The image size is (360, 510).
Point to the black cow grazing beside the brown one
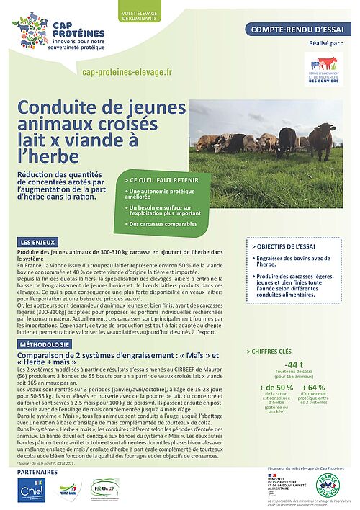[x=287, y=141]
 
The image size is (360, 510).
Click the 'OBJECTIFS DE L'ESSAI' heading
[x=287, y=246]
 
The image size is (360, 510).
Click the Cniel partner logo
[x=32, y=492]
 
